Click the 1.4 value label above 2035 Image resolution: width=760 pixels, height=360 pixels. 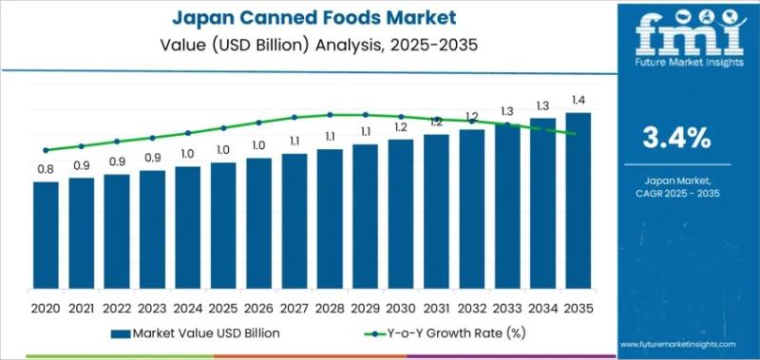(578, 100)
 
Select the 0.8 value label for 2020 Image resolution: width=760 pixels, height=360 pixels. (46, 169)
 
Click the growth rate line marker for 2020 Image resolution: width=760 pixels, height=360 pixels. (46, 150)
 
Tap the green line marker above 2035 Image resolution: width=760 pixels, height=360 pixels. (578, 133)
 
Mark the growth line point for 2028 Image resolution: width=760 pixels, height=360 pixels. (330, 115)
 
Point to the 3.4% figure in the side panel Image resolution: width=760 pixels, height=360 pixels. (676, 139)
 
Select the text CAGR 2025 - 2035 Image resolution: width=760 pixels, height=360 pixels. (676, 191)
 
